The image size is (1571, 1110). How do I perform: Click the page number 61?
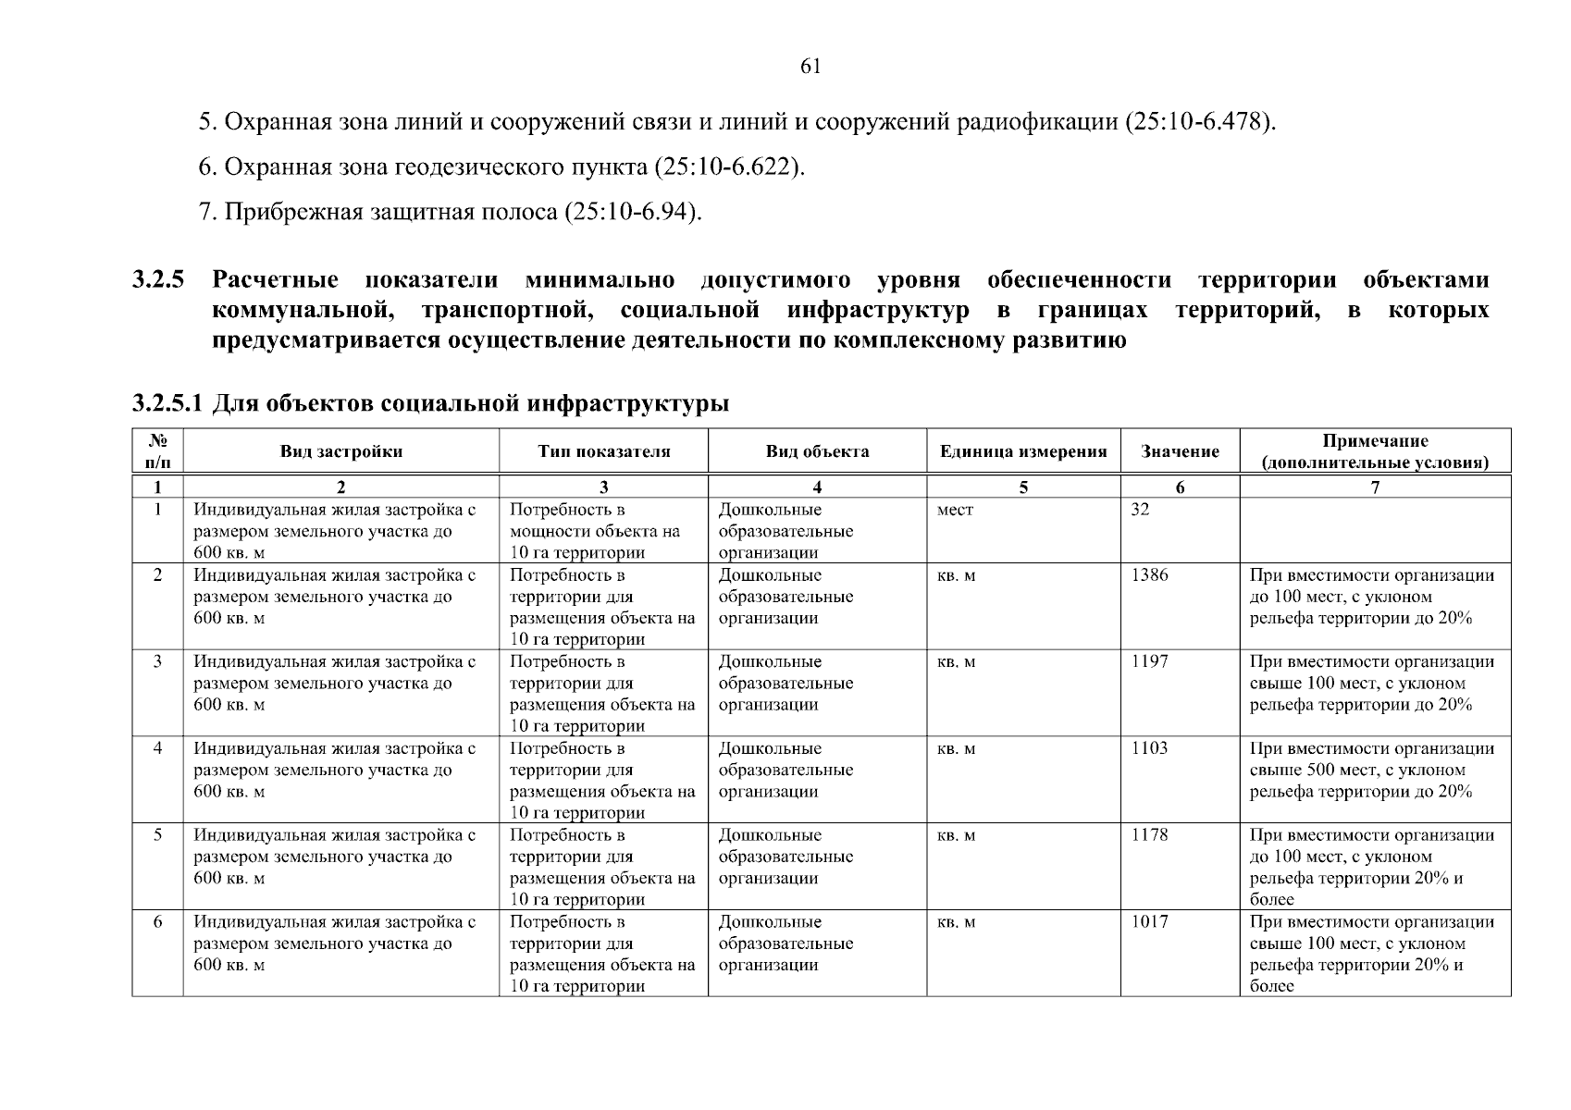[x=809, y=67]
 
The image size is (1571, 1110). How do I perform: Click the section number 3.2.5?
[x=158, y=280]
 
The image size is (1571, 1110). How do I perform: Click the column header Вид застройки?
[x=340, y=452]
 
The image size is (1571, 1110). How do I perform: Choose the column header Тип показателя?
[x=603, y=452]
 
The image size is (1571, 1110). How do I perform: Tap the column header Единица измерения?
[x=1023, y=452]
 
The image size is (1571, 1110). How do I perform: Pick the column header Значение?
[x=1180, y=452]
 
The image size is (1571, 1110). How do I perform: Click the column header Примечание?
[x=1375, y=442]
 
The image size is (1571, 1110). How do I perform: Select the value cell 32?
[x=1140, y=510]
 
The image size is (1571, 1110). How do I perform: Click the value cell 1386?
[x=1149, y=575]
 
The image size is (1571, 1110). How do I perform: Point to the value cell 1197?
[x=1149, y=662]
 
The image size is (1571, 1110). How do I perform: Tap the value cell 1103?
[x=1149, y=748]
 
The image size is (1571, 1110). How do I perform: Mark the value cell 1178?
[x=1149, y=835]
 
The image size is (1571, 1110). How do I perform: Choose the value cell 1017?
[x=1149, y=922]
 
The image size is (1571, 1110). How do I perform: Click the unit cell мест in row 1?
[x=955, y=510]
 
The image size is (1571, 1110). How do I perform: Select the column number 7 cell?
[x=1375, y=487]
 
